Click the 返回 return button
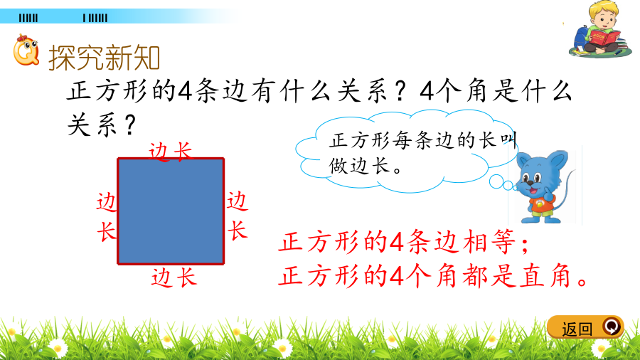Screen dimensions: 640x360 (x=585, y=327)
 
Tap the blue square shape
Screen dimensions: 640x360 (x=171, y=211)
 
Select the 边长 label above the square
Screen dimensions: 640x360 (x=170, y=152)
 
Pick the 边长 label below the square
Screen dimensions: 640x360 (x=174, y=277)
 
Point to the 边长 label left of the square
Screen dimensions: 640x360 (x=107, y=218)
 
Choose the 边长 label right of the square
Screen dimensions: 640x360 (x=237, y=216)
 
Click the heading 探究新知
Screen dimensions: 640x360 (x=104, y=58)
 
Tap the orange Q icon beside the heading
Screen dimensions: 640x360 (x=26, y=51)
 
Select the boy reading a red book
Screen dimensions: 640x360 (x=599, y=28)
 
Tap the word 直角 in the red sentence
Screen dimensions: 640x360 (x=545, y=276)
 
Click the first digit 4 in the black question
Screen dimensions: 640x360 (x=185, y=90)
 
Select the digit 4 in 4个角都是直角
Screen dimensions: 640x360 (x=396, y=276)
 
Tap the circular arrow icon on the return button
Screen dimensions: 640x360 (x=612, y=327)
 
